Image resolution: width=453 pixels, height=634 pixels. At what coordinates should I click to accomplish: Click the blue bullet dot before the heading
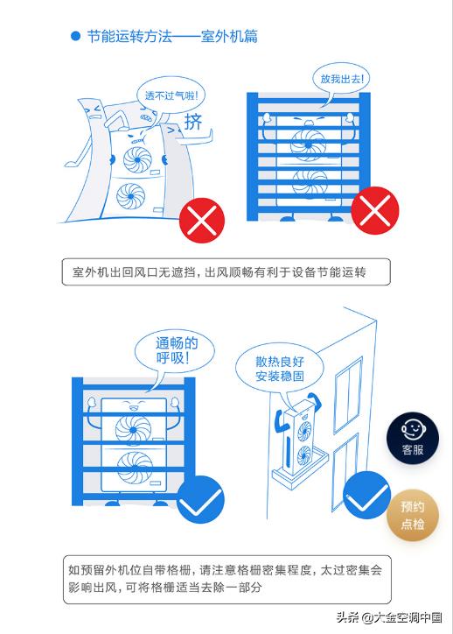point(75,37)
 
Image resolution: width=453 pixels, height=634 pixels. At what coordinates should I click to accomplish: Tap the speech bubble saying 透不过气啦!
point(169,94)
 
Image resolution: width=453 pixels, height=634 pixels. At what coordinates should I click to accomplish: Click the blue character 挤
point(193,121)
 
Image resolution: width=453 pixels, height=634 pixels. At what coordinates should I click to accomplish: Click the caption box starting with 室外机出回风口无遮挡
point(226,272)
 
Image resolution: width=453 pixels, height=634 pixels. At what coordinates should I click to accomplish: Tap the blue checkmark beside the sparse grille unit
point(200,499)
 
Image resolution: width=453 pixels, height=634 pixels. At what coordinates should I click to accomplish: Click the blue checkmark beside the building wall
point(366,497)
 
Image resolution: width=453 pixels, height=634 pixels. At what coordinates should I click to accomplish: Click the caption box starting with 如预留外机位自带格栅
point(226,579)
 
